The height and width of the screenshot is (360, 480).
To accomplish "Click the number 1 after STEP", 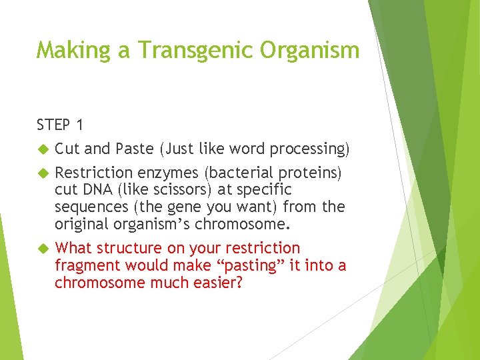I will click(81, 125).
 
